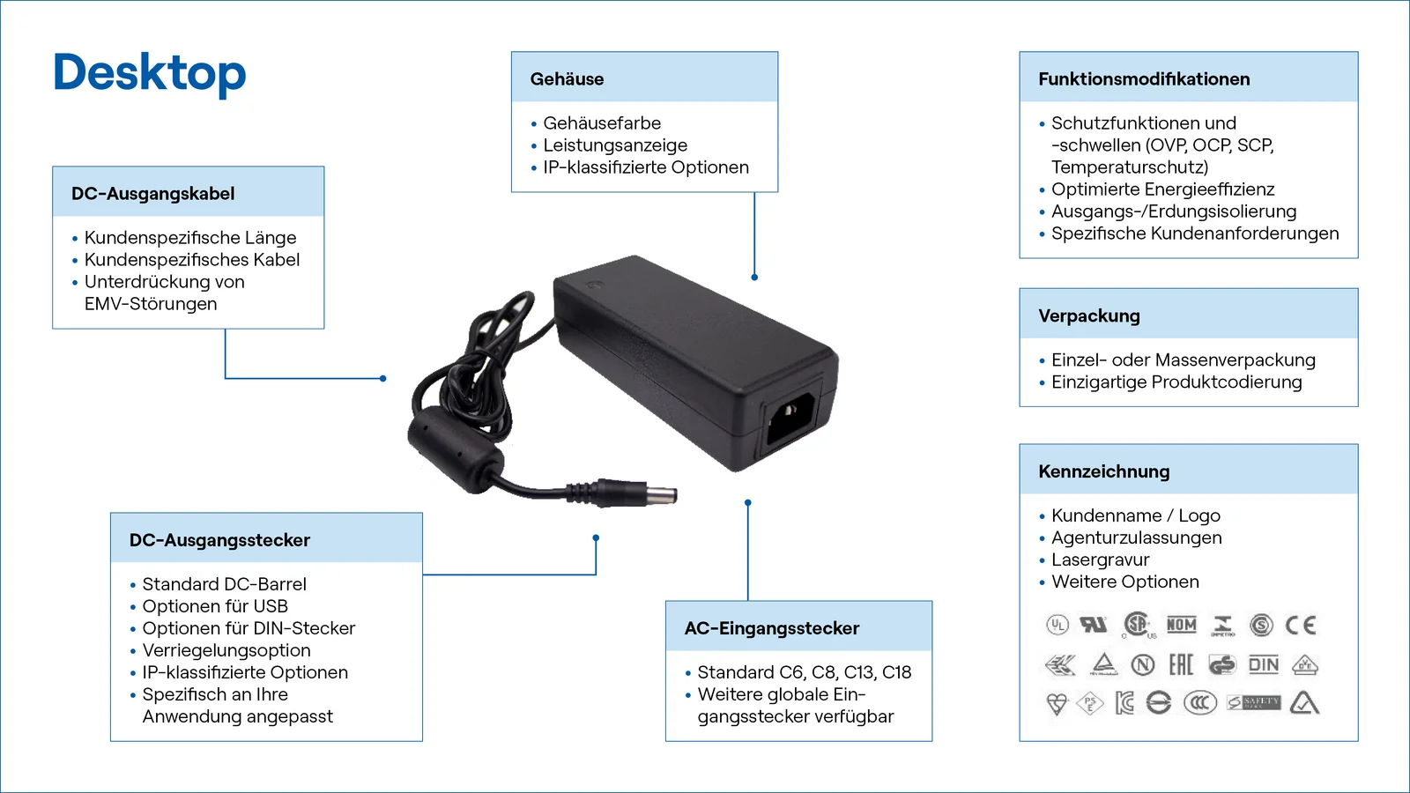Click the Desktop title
tap(149, 73)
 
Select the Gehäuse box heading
tap(567, 79)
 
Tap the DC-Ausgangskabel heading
tap(152, 194)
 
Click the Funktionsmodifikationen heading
tap(1143, 79)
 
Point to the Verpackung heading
tap(1088, 316)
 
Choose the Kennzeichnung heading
tap(1103, 471)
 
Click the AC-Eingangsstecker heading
tap(771, 628)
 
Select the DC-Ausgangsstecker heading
tap(219, 540)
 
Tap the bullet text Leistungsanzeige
tap(614, 145)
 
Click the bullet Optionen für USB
tap(214, 606)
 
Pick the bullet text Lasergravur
tap(1100, 560)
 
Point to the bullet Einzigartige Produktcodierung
tap(1176, 382)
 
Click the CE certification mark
tap(1300, 626)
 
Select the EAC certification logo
tap(1181, 664)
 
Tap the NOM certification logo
tap(1181, 625)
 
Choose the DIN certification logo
tap(1263, 665)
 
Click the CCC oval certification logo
tap(1199, 703)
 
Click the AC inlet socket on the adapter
tap(789, 418)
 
